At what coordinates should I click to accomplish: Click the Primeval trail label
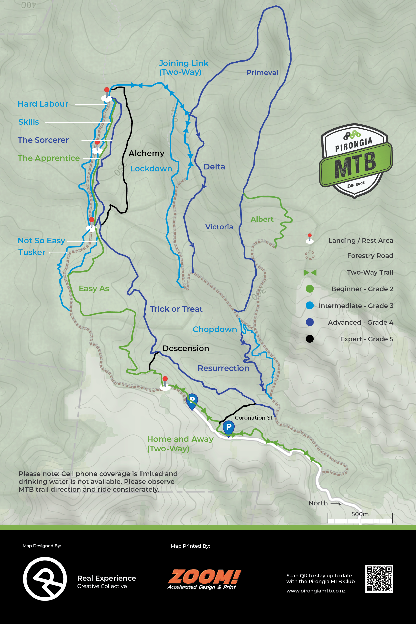[262, 72]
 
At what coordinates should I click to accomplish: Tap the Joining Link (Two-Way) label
[183, 67]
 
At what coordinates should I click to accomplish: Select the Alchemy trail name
[146, 153]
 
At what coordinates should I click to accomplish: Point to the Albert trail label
[262, 219]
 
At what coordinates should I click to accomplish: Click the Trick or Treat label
[176, 309]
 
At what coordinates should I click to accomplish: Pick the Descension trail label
[186, 348]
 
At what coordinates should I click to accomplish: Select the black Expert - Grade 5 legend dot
[310, 339]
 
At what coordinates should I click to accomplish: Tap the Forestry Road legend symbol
[310, 255]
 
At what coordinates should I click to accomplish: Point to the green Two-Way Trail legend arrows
[310, 272]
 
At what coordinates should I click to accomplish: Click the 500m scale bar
[360, 520]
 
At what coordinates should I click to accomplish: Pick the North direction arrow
[336, 503]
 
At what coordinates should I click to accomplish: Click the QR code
[379, 579]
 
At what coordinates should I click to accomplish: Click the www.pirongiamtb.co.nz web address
[316, 591]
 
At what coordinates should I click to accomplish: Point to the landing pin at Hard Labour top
[107, 94]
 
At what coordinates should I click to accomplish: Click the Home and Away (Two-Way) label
[180, 444]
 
